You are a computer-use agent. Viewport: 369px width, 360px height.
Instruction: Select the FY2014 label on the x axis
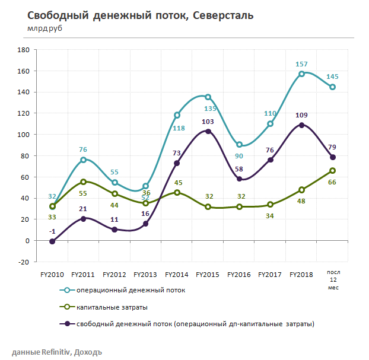click(x=177, y=275)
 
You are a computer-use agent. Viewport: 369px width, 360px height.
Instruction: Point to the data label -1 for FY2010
click(x=52, y=231)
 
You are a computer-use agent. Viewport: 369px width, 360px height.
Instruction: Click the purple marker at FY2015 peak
click(x=208, y=131)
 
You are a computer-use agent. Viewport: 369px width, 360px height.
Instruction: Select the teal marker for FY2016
click(x=239, y=145)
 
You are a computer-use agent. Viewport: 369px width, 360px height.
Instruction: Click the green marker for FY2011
click(x=84, y=182)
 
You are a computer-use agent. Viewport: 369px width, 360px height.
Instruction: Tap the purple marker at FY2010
click(x=52, y=241)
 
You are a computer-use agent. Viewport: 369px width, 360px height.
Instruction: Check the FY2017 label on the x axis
click(x=271, y=275)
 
